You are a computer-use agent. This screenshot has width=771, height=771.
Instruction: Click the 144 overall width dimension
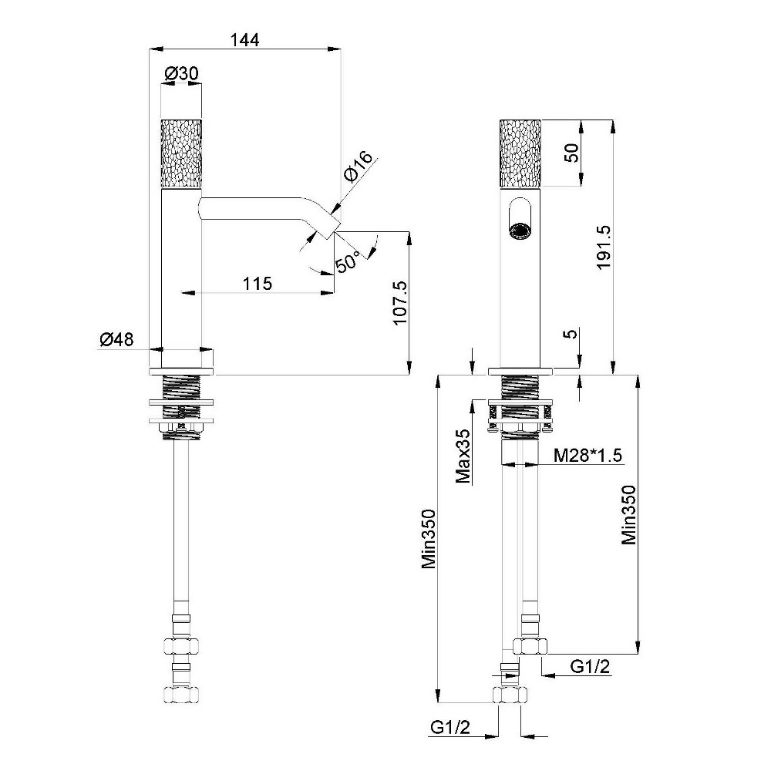[x=245, y=40]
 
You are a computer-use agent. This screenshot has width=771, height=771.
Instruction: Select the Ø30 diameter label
[x=181, y=74]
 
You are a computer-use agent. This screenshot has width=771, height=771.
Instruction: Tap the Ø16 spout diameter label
[x=359, y=167]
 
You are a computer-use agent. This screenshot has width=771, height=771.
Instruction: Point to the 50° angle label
[x=348, y=261]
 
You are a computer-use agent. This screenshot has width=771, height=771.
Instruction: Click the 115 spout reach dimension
[x=258, y=284]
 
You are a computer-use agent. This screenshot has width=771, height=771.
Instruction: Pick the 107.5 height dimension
[x=399, y=302]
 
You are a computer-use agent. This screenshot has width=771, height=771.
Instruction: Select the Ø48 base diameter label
[x=116, y=339]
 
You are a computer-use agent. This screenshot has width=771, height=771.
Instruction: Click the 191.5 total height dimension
[x=603, y=247]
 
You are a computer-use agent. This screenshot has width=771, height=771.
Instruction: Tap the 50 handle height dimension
[x=571, y=153]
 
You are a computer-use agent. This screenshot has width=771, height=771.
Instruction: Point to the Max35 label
[x=463, y=456]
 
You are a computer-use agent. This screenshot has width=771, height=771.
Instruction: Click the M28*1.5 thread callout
[x=588, y=455]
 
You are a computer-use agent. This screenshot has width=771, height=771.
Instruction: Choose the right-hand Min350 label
[x=628, y=515]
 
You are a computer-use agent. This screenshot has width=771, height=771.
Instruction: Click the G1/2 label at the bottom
[x=450, y=727]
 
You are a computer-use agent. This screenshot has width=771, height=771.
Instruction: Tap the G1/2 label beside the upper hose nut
[x=590, y=667]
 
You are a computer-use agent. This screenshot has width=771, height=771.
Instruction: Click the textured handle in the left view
[x=181, y=153]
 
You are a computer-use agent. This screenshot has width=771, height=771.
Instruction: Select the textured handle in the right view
[x=520, y=153]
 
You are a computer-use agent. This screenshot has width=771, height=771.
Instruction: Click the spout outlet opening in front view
[x=520, y=231]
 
